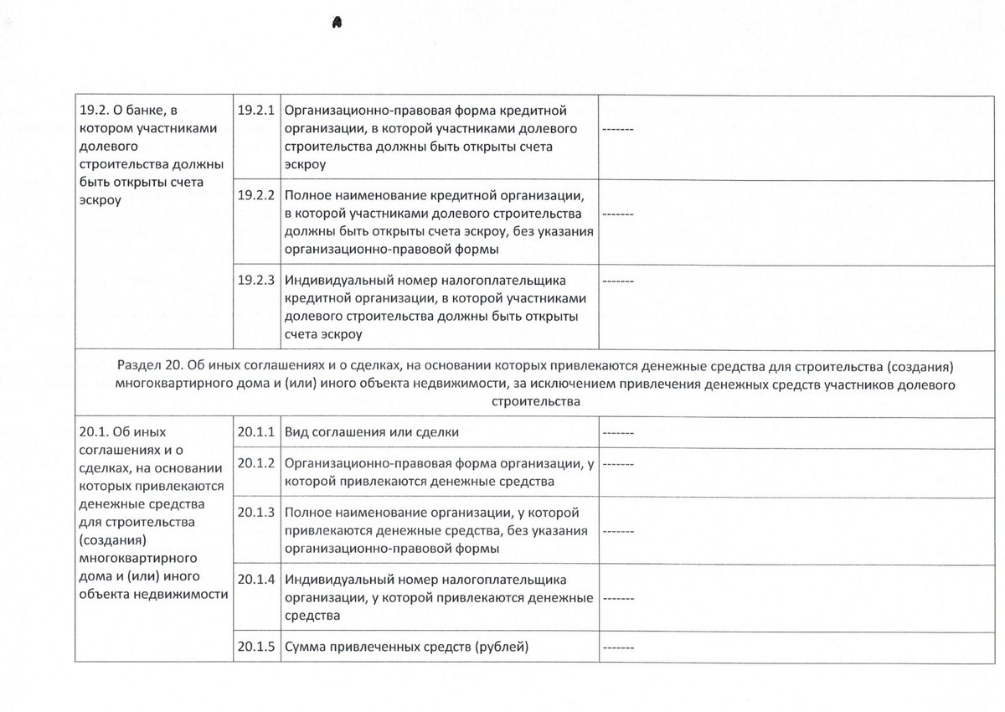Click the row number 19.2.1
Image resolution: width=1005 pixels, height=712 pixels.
tap(256, 110)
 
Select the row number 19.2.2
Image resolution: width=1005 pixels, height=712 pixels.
tap(256, 195)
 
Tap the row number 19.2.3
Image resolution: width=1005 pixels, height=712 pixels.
tap(256, 280)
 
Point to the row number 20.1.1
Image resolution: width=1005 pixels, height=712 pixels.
tap(256, 431)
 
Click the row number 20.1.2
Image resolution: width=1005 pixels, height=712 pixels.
tap(256, 462)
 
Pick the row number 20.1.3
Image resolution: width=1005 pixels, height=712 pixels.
tap(256, 512)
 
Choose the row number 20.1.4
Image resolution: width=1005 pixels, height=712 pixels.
tap(256, 579)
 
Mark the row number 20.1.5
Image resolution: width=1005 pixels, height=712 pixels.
tap(256, 647)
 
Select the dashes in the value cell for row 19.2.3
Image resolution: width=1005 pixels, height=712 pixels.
tap(618, 280)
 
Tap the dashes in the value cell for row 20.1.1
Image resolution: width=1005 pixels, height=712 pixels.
tap(618, 432)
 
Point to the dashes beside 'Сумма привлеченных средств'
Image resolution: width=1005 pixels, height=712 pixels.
tap(618, 648)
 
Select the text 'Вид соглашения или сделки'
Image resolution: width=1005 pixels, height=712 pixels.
tap(372, 432)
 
